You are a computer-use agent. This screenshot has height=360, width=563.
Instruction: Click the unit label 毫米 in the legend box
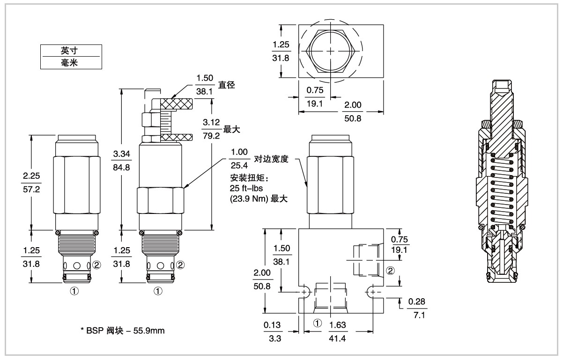tap(71, 63)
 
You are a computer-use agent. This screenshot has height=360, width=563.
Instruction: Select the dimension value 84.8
tap(121, 167)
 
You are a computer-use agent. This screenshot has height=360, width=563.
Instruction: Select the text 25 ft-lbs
tap(247, 188)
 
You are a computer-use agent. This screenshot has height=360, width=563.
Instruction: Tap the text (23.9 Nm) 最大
tap(259, 198)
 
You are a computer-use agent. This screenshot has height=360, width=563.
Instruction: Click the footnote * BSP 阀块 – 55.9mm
tap(122, 331)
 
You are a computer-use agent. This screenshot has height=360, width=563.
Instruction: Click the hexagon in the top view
tap(331, 51)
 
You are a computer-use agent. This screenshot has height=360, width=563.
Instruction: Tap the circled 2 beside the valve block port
tap(390, 270)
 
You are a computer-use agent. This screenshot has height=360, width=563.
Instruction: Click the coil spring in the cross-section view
tap(502, 192)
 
